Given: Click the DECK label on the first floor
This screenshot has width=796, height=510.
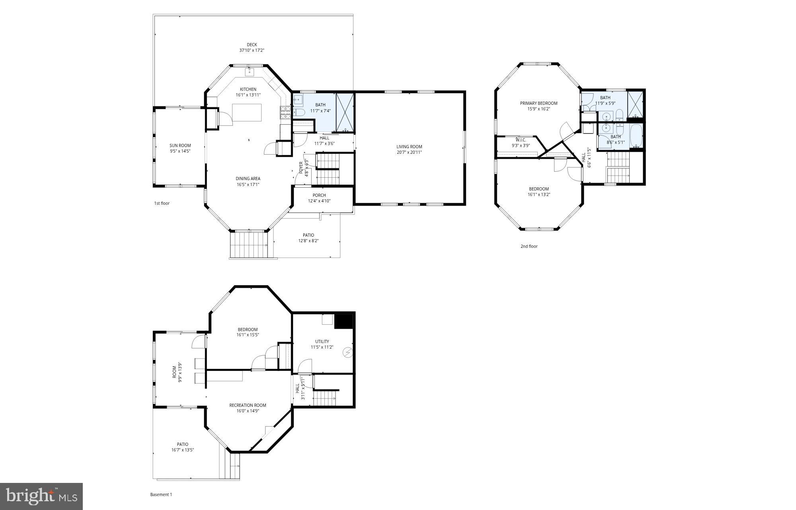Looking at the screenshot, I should [252, 45].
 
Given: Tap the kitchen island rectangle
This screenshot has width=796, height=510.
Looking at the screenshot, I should [247, 113].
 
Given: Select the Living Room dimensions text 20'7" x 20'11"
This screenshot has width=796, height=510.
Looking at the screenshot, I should [409, 152].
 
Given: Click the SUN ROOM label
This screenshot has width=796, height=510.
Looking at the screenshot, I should [180, 145].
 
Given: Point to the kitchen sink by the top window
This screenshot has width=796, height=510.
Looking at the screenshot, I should [250, 72].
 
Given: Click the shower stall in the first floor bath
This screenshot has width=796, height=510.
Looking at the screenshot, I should [345, 113].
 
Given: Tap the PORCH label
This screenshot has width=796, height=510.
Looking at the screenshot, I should [319, 195].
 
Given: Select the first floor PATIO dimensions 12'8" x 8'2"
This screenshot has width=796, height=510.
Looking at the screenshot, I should [308, 241].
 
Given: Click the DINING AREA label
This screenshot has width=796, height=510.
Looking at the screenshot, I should [248, 178].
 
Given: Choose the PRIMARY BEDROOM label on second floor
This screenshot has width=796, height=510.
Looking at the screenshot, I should [538, 103].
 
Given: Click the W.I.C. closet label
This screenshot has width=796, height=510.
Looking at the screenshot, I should [521, 140].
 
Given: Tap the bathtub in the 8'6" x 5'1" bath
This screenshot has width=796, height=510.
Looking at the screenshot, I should [636, 136].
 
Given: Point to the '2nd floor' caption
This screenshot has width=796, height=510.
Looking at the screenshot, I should [529, 246].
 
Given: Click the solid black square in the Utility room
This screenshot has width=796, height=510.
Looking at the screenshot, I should [343, 322].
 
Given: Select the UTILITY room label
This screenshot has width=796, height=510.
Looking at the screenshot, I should [322, 341].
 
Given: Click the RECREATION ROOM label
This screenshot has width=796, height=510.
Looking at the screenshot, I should [248, 405].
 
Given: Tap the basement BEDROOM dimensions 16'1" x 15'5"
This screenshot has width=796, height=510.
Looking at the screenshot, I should [248, 335].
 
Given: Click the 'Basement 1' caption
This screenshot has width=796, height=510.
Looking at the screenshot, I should [161, 494].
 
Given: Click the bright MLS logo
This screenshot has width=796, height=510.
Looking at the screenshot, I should [41, 496].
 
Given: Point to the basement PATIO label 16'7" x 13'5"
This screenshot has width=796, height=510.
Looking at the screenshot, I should [183, 447].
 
